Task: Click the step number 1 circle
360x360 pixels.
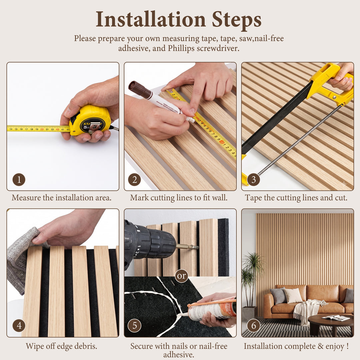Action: click(x=19, y=180)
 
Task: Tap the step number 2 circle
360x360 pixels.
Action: click(x=135, y=180)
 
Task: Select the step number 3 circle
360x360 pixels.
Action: click(x=253, y=180)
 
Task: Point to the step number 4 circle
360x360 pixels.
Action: click(x=19, y=325)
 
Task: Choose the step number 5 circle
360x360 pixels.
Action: click(x=135, y=325)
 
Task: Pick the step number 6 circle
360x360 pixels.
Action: click(x=253, y=325)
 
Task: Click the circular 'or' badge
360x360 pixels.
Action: click(x=181, y=276)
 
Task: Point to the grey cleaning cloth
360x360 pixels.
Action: click(x=22, y=259)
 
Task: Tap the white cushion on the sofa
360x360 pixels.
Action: click(x=293, y=295)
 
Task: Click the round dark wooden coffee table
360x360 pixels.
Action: click(x=331, y=323)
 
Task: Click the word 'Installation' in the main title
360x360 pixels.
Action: click(x=151, y=19)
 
